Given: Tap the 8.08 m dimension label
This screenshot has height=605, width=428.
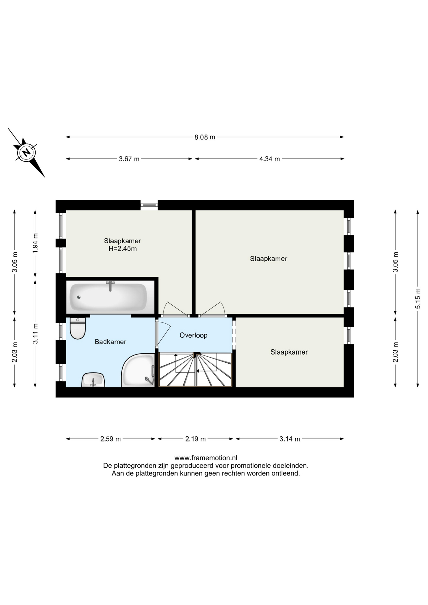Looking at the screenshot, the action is [x=205, y=137].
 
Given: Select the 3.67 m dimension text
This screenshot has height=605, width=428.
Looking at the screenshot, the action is [x=129, y=159].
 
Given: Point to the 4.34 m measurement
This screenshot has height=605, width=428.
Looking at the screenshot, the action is [x=269, y=159].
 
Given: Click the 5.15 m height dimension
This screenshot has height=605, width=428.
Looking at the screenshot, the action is [x=418, y=298].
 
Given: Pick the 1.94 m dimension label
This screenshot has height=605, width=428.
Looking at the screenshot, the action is [x=35, y=243].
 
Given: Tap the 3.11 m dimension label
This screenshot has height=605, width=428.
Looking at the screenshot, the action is [x=35, y=334].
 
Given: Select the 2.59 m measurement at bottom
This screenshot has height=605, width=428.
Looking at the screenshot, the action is [x=110, y=439].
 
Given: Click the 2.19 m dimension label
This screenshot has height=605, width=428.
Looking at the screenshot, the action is [x=195, y=439].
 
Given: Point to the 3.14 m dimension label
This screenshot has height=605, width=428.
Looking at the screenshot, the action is [x=290, y=439].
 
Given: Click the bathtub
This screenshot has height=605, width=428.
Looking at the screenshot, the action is [x=108, y=297].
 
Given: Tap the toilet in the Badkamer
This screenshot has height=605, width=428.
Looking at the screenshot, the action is [x=78, y=328].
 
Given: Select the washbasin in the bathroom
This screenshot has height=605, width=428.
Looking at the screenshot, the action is [x=93, y=380].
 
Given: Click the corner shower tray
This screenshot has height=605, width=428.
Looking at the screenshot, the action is [x=138, y=370].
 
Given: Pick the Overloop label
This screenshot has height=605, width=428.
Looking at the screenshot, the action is [x=194, y=335].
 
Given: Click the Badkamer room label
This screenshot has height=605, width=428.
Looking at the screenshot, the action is [x=110, y=342].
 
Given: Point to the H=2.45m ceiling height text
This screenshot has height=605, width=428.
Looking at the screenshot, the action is [x=123, y=249].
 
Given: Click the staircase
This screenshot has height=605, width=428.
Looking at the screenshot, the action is [x=196, y=370].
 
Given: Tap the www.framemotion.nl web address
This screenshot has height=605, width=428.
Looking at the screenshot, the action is [x=206, y=458].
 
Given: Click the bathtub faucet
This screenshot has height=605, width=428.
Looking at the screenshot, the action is [x=110, y=286].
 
